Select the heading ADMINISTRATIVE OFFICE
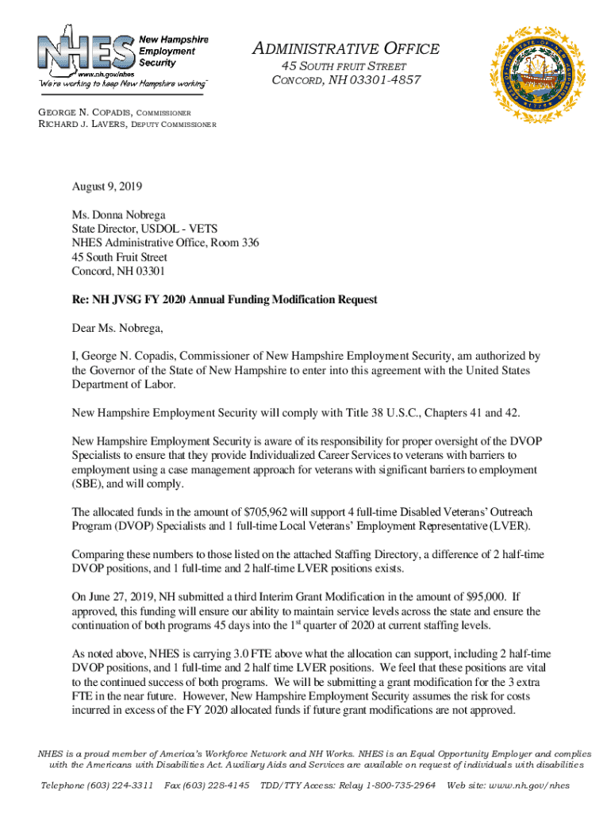click(x=346, y=49)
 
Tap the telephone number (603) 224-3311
click(x=119, y=785)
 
